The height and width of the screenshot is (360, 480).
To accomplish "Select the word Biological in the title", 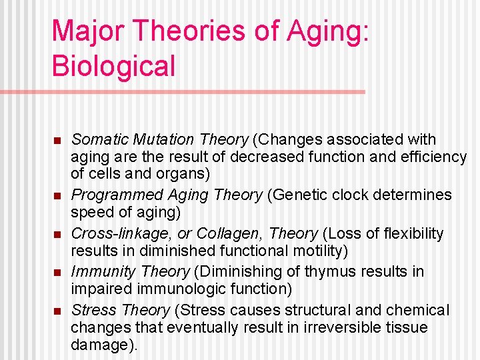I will pyautogui.click(x=113, y=66).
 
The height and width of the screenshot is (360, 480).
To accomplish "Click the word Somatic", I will pyautogui.click(x=99, y=140).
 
